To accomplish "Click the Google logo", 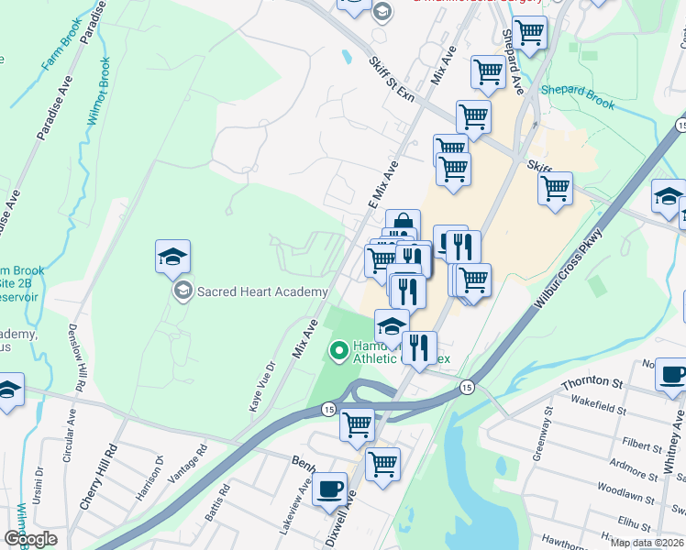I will tap(29, 539).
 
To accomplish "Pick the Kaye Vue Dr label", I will tap(256, 390).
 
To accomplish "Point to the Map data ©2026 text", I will tap(647, 543).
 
